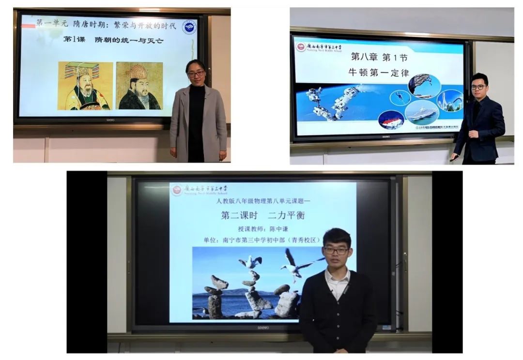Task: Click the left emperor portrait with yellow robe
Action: click(85, 86)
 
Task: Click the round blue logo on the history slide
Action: click(189, 26)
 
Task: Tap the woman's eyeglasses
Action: click(196, 74)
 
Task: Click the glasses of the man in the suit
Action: click(478, 87)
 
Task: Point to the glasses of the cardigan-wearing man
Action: click(336, 250)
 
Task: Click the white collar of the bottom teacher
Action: click(337, 279)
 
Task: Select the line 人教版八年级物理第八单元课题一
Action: click(262, 200)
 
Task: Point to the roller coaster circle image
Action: click(449, 101)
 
